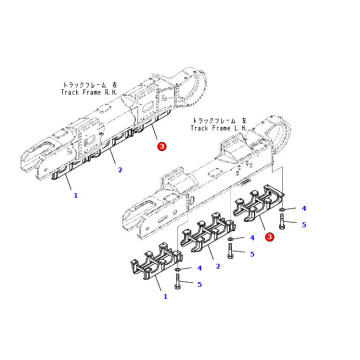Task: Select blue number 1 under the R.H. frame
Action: [x=75, y=196]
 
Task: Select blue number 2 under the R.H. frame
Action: [x=120, y=170]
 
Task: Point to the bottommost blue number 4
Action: [x=200, y=268]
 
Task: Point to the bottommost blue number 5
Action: [x=200, y=285]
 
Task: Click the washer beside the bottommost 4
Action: [x=178, y=270]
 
